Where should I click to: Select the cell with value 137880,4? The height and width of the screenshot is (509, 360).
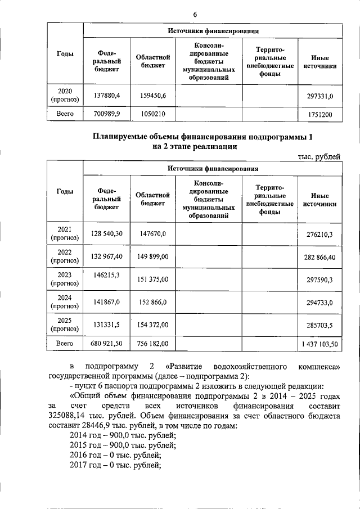coord(106,96)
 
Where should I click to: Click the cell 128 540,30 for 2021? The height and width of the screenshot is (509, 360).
coord(106,232)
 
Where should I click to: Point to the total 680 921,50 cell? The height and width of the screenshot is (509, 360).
coord(106,343)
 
